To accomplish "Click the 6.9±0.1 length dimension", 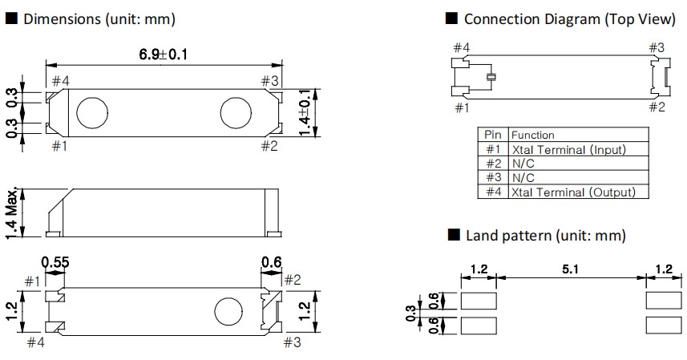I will pyautogui.click(x=164, y=55).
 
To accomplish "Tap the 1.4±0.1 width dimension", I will pyautogui.click(x=304, y=113).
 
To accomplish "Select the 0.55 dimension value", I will pyautogui.click(x=55, y=262).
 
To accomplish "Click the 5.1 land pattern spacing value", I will pyautogui.click(x=571, y=270).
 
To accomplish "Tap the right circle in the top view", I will pyautogui.click(x=234, y=113).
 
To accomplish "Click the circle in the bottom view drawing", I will pyautogui.click(x=228, y=310).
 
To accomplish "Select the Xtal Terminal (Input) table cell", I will pyautogui.click(x=568, y=149).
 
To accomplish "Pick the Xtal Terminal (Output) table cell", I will pyautogui.click(x=572, y=192).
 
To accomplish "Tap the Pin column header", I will pyautogui.click(x=492, y=135).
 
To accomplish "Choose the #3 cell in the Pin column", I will pyautogui.click(x=492, y=177).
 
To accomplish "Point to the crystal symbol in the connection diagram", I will pyautogui.click(x=492, y=77).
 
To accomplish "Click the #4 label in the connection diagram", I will pyautogui.click(x=461, y=48).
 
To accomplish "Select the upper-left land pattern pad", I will pyautogui.click(x=479, y=300).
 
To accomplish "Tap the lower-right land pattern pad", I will pyautogui.click(x=664, y=327).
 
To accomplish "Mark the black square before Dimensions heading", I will pyautogui.click(x=11, y=18).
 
